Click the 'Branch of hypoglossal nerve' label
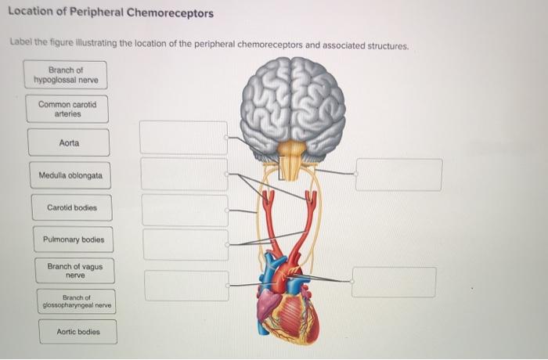(66, 75)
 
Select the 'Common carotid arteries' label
(67, 109)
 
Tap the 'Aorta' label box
(69, 143)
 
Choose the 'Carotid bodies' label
(71, 208)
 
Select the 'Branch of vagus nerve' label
(75, 271)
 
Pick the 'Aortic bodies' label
(78, 332)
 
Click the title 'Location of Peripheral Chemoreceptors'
(110, 14)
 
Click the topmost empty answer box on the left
(184, 137)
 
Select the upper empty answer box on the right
(398, 175)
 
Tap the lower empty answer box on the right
(394, 283)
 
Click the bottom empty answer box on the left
(187, 286)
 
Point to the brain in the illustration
(292, 102)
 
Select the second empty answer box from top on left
(185, 174)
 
